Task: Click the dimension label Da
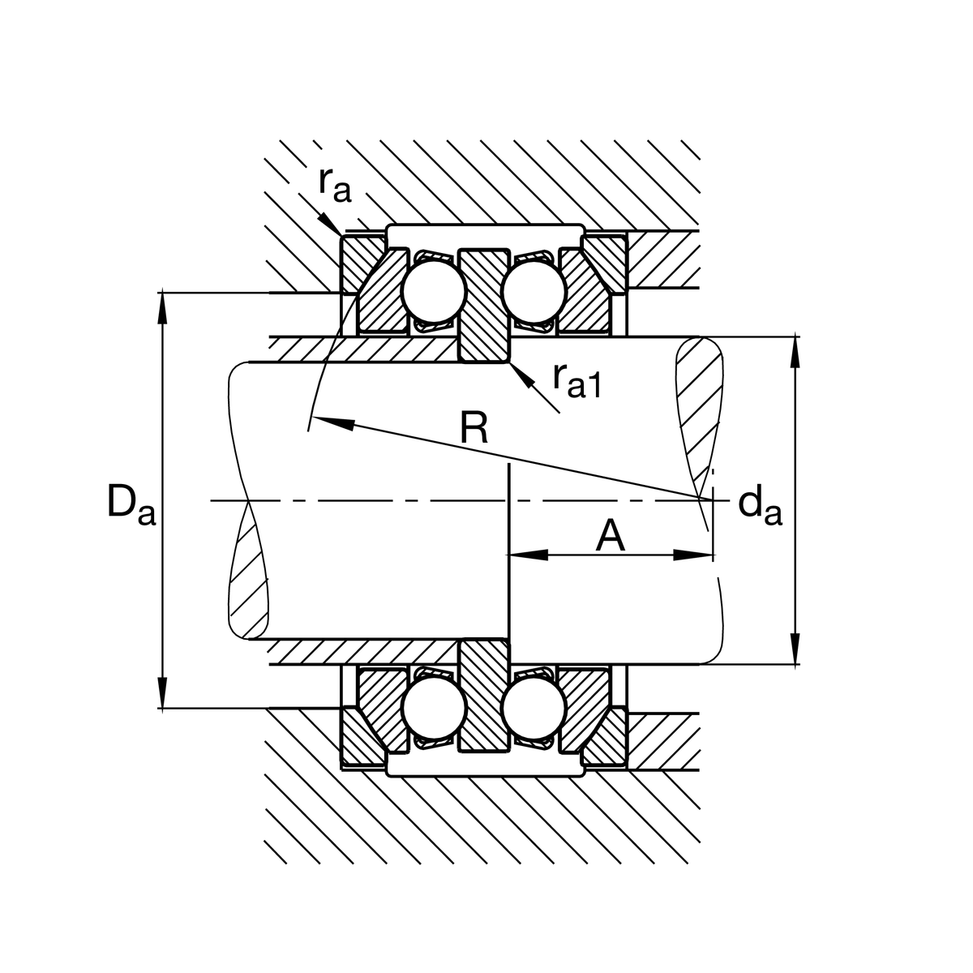point(130,504)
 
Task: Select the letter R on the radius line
point(474,427)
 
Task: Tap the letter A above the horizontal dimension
point(611,537)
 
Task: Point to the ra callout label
point(334,185)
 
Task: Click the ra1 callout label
point(577,381)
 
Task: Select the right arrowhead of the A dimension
point(694,555)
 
